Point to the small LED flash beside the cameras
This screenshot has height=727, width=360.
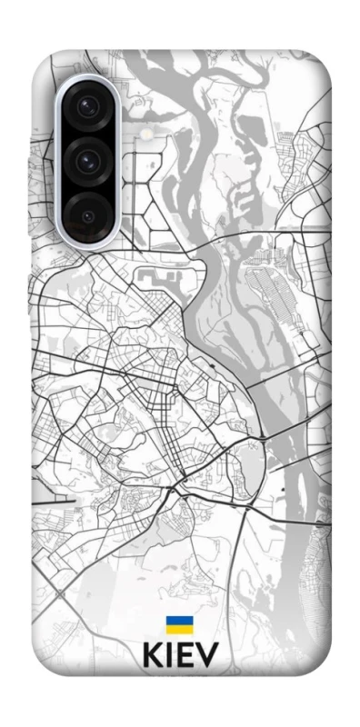(x=146, y=134)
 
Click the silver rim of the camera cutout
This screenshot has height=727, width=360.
(x=62, y=164)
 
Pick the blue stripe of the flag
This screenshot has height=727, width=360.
(x=178, y=620)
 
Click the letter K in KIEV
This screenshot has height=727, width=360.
(x=153, y=657)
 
